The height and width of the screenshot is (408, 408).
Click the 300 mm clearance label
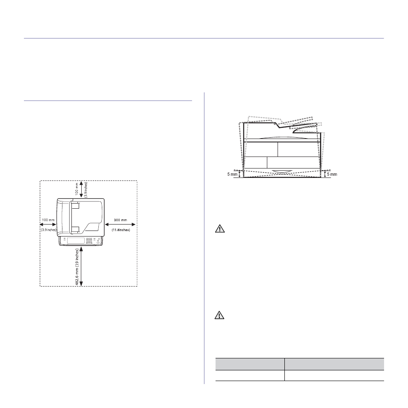(121, 220)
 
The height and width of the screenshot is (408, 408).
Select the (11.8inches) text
(121, 230)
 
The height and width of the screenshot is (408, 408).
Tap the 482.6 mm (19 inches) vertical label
(77, 267)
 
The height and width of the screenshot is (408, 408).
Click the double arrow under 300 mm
(120, 225)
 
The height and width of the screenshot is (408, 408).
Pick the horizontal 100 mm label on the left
(48, 220)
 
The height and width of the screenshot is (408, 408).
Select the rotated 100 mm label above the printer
(77, 189)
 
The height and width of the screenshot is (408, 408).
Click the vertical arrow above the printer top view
(81, 189)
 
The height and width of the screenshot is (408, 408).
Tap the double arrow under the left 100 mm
(48, 225)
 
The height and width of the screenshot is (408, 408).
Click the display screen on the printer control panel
(76, 240)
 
